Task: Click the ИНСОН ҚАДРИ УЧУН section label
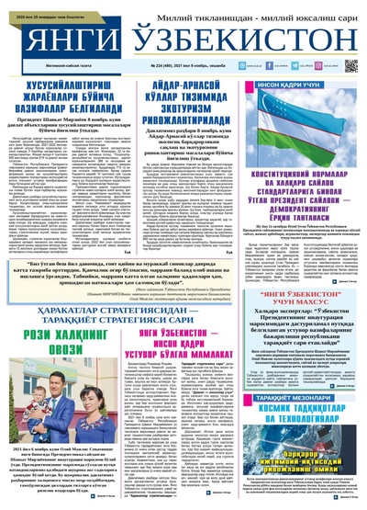[304, 82]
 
